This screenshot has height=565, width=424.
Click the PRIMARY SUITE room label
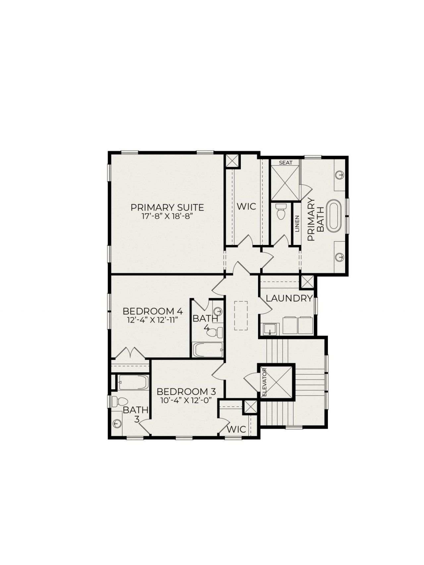167,208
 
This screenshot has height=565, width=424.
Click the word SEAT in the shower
286,163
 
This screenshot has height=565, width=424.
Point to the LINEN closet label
297,224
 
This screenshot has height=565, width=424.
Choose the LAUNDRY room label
289,298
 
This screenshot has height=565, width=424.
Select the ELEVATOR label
264,383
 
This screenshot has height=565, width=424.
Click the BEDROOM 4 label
153,311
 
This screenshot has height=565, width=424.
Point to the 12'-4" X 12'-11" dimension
153,320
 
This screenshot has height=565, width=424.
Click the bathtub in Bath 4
208,350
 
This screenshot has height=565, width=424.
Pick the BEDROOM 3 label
186,392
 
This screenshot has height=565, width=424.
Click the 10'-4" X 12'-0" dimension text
186,400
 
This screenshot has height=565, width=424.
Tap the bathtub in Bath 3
133,383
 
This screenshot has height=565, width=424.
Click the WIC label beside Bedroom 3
237,429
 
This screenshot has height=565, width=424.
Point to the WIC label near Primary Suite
246,206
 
